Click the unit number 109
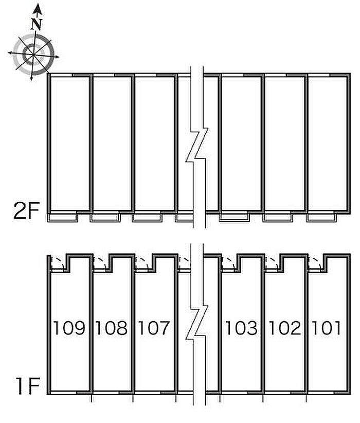click(x=69, y=328)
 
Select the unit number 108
click(x=112, y=328)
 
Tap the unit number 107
click(x=154, y=328)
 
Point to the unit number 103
click(x=241, y=328)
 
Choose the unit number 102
click(x=284, y=328)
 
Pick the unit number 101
click(x=326, y=328)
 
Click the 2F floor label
click(x=27, y=211)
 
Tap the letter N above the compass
click(x=37, y=24)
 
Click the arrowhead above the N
click(x=38, y=9)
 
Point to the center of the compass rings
click(x=33, y=54)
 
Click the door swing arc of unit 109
click(x=60, y=262)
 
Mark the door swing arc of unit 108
click(x=102, y=262)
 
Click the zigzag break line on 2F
click(x=197, y=146)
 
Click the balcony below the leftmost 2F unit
click(x=63, y=218)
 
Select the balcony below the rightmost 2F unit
click(x=322, y=218)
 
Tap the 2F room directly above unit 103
click(x=241, y=144)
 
